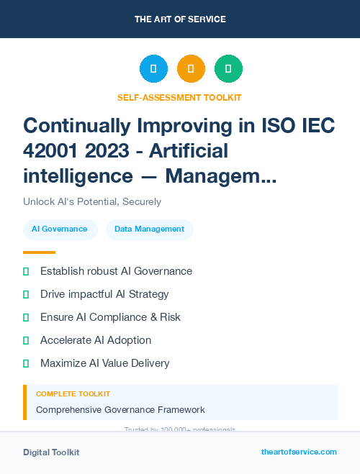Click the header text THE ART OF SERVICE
tap(180, 19)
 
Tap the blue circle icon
tap(153, 69)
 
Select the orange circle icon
tap(191, 69)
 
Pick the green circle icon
tap(228, 69)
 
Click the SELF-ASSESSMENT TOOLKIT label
tap(180, 97)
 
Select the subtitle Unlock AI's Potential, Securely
tap(92, 201)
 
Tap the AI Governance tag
tap(60, 229)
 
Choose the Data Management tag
tap(149, 229)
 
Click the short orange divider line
tap(39, 252)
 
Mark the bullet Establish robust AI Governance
tap(116, 271)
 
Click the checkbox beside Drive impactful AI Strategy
tap(26, 294)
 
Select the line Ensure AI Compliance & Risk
tap(110, 317)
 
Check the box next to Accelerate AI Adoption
tap(26, 340)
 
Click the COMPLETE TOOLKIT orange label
tap(73, 394)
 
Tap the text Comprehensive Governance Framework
tap(120, 410)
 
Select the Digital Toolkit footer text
tap(51, 452)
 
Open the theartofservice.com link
tap(299, 452)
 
